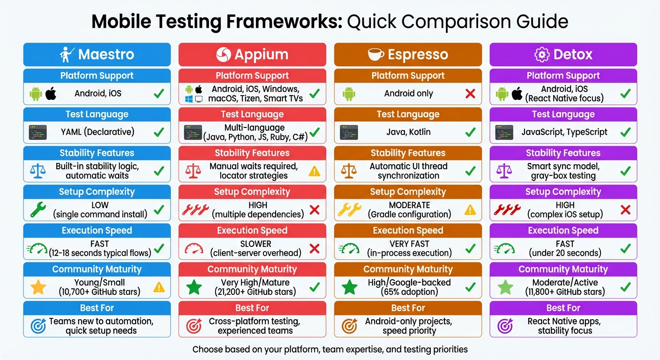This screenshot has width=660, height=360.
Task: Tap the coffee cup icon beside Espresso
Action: point(376,54)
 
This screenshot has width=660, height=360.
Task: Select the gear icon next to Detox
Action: point(541,54)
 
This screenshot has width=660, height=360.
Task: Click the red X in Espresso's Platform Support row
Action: point(470,94)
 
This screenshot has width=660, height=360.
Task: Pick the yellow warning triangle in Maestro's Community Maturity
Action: point(159,287)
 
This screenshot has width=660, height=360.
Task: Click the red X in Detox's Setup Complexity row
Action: point(625,210)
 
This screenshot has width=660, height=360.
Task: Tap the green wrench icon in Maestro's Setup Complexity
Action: point(38,210)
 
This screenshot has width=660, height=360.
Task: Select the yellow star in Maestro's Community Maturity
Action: point(38,287)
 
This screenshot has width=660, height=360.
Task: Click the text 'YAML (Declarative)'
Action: point(97,132)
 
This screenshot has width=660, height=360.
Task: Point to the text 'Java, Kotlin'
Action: point(408,132)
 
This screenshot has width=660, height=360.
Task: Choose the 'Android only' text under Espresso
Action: point(408,93)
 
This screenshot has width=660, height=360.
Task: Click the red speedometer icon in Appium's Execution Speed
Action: point(194,248)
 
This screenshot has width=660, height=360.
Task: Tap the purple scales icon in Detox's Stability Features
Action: point(504,171)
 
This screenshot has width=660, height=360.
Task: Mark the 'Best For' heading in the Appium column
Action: point(252,308)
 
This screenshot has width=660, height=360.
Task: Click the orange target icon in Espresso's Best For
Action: point(349,326)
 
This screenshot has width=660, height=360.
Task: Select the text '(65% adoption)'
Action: point(409,292)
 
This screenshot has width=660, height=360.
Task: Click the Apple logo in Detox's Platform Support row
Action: point(517,94)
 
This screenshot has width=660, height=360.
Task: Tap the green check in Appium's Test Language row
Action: point(315,133)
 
